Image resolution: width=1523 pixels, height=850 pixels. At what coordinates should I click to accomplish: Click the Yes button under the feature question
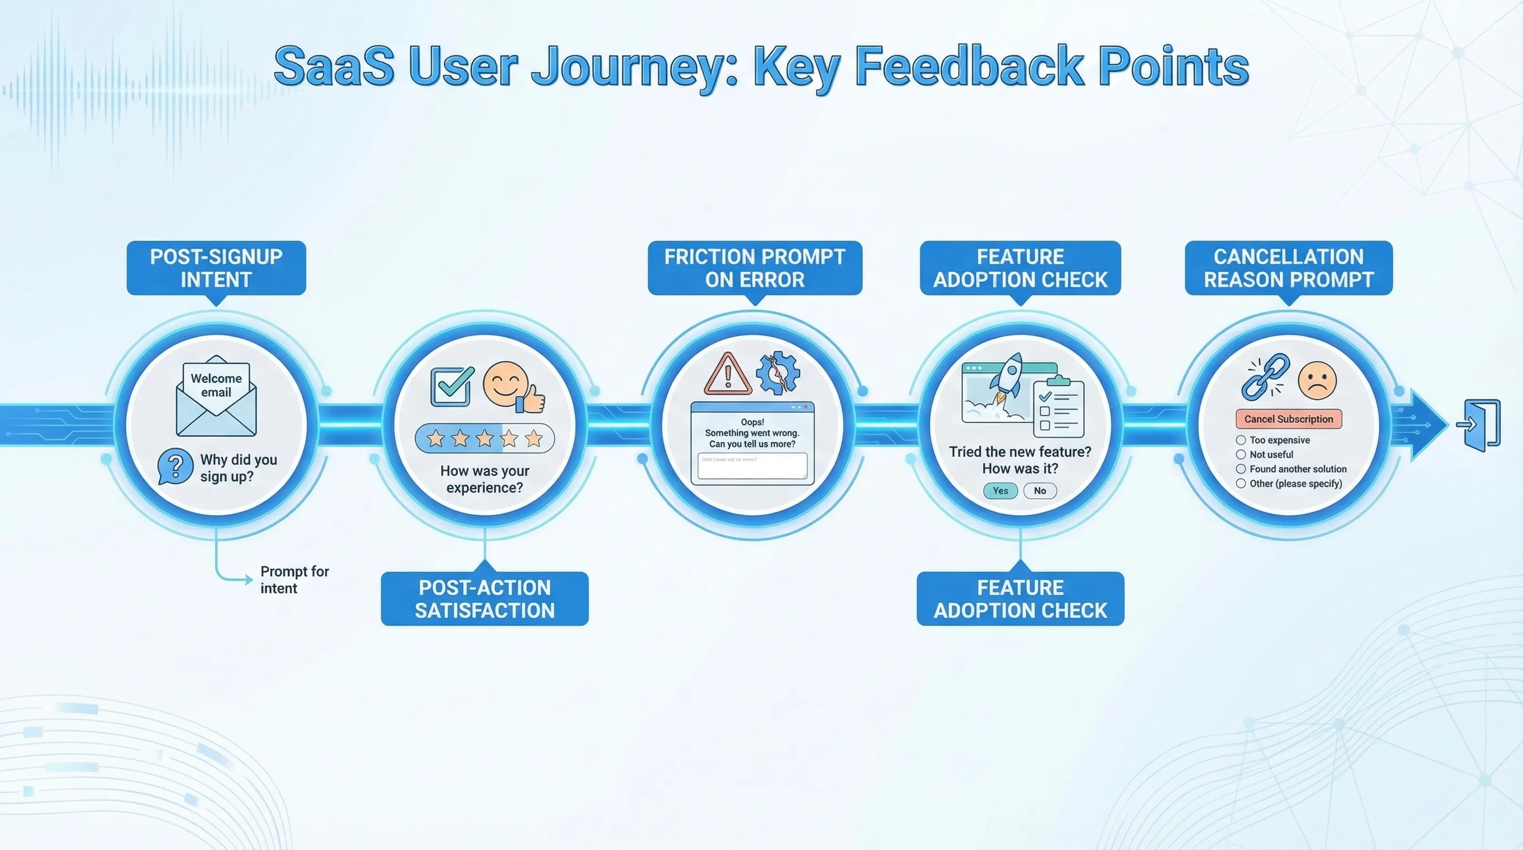(x=1001, y=491)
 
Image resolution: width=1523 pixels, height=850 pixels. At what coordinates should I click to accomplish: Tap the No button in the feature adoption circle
(x=1040, y=491)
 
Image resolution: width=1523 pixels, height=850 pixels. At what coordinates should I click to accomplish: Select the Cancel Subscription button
(x=1288, y=419)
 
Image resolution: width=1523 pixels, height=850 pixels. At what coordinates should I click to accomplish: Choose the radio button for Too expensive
(x=1241, y=440)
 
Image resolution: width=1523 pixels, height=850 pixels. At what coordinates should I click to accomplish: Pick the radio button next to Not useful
(x=1241, y=454)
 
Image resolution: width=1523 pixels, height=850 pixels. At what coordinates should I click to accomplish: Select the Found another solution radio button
(x=1241, y=469)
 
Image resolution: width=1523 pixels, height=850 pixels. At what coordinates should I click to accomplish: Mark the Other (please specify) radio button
(x=1241, y=484)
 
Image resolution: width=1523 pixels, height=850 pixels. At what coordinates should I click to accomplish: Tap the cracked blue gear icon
(x=778, y=373)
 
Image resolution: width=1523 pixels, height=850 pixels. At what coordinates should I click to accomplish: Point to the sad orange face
(x=1317, y=381)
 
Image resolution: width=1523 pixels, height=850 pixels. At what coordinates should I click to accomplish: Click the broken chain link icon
(x=1265, y=376)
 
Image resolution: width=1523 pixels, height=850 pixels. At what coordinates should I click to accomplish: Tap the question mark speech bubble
(x=175, y=466)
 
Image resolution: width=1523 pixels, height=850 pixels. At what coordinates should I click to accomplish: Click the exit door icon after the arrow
(x=1482, y=425)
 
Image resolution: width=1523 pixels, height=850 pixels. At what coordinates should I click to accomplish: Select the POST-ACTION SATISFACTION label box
(x=484, y=599)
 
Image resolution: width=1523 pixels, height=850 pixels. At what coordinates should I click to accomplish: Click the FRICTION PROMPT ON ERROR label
(x=754, y=268)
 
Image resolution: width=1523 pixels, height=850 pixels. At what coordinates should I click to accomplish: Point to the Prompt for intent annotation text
(x=294, y=580)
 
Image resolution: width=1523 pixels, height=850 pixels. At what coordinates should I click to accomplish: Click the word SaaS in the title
(x=334, y=67)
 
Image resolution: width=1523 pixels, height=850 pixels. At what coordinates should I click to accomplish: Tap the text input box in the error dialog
(x=752, y=466)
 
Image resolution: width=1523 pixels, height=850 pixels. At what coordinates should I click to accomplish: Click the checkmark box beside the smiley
(x=452, y=387)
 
